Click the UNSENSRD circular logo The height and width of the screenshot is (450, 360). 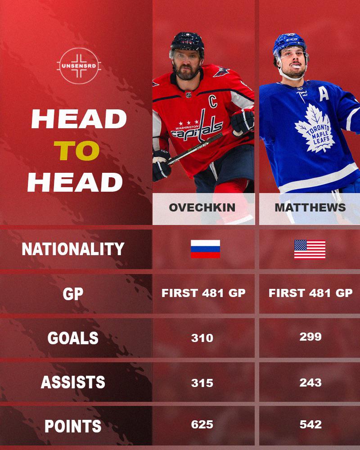pos(79,66)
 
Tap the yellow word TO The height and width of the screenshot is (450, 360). pos(76,151)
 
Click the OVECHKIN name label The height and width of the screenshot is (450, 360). pos(202,207)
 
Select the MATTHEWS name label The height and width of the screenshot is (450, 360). pos(310,207)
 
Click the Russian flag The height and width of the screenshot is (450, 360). pos(206,249)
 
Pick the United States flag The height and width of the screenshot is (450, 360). pos(310,249)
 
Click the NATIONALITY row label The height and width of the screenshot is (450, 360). pos(73,249)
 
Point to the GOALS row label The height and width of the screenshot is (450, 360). pos(73,338)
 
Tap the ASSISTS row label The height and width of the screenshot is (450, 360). pos(73,382)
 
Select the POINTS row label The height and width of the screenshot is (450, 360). pos(73,426)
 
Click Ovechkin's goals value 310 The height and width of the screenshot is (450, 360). pos(202,338)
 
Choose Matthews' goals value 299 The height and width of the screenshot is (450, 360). pos(310,337)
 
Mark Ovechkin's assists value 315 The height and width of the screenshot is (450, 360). pos(202,383)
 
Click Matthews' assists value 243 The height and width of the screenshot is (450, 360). pos(310,382)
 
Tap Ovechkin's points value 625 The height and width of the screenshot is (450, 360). pos(202,425)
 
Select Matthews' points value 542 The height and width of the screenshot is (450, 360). pos(310,424)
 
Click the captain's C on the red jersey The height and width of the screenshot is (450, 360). pos(213,101)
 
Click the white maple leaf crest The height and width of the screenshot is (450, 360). pos(315,128)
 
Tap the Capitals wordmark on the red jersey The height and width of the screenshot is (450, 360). pos(197,128)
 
